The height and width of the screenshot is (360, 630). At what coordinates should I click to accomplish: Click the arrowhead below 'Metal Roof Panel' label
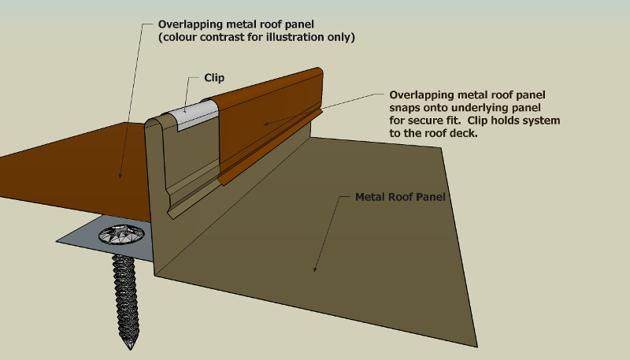[x=315, y=270]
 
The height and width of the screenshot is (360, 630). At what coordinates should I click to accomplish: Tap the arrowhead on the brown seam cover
[x=265, y=122]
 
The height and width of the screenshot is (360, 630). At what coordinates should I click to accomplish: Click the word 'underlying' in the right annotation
[x=475, y=107]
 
